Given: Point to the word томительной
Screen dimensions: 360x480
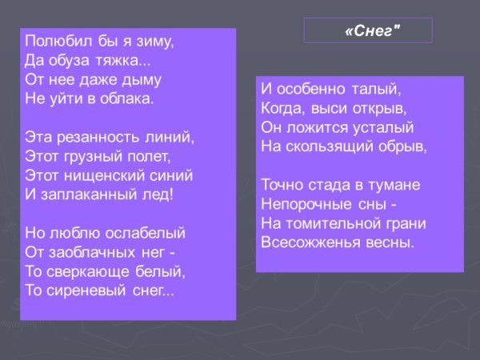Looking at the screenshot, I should click(334, 223).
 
